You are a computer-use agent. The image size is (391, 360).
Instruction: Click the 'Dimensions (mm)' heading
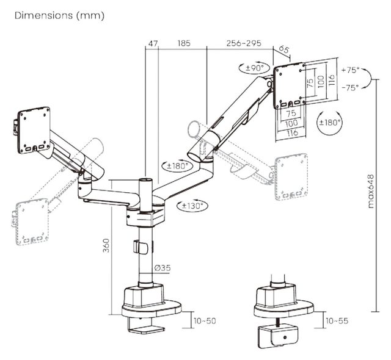pyautogui.click(x=59, y=16)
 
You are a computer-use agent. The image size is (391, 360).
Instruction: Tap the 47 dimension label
pyautogui.click(x=153, y=43)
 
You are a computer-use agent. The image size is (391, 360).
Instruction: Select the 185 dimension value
pyautogui.click(x=184, y=43)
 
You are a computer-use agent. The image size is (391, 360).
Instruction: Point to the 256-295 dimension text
pyautogui.click(x=244, y=43)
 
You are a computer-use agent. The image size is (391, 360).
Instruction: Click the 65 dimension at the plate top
pyautogui.click(x=284, y=49)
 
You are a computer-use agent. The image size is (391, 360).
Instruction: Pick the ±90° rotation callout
pyautogui.click(x=254, y=68)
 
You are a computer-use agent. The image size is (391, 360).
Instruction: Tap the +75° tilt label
pyautogui.click(x=350, y=70)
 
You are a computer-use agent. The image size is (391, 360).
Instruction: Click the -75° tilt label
pyautogui.click(x=350, y=87)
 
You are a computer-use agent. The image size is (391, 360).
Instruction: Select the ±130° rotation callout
pyautogui.click(x=192, y=206)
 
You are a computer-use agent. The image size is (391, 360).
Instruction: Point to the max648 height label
pyautogui.click(x=371, y=191)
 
